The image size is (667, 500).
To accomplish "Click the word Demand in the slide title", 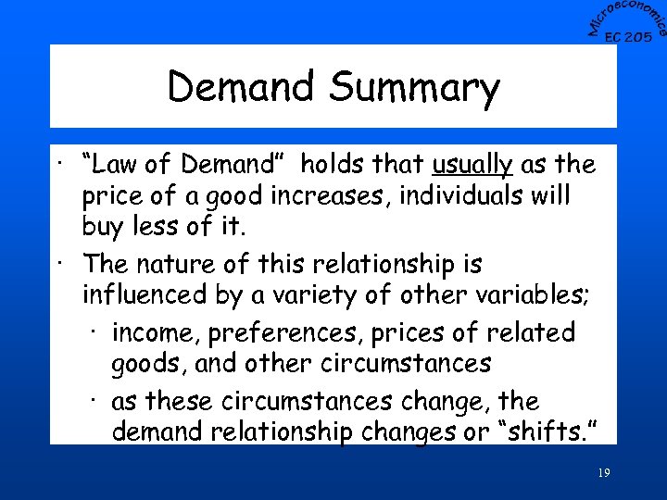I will (x=242, y=87).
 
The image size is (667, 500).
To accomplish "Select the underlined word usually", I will (x=472, y=165).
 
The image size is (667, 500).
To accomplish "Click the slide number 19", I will (x=603, y=473).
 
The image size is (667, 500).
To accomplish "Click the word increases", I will (x=322, y=197).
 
